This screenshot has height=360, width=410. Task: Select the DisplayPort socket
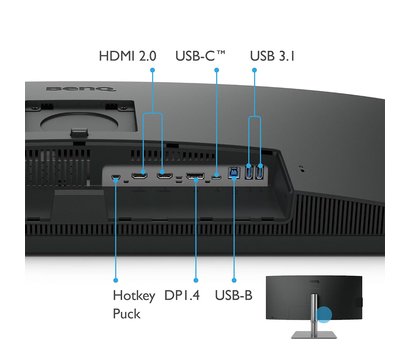[195, 178]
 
